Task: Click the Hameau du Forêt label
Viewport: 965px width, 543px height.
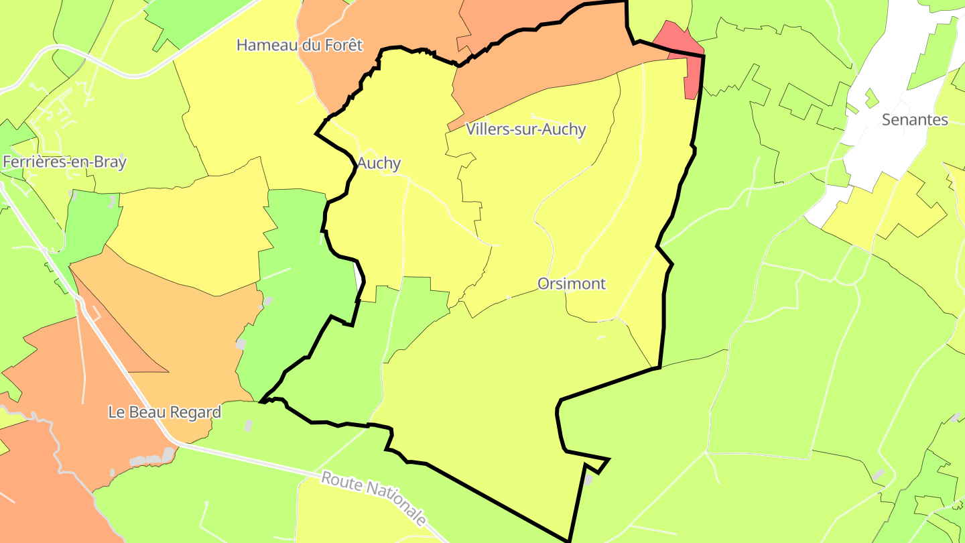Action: (300, 45)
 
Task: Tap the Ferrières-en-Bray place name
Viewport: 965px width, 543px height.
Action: (64, 162)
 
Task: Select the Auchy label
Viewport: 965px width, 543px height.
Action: (379, 163)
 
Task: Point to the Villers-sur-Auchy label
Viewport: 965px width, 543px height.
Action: (526, 129)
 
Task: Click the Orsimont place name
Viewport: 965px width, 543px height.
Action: (572, 284)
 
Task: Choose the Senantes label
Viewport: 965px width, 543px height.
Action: (915, 120)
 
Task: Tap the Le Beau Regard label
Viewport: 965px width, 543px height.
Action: (165, 412)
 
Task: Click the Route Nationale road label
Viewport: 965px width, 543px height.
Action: (373, 497)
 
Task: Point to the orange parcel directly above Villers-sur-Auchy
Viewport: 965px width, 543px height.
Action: (536, 74)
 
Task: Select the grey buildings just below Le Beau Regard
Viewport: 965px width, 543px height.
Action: (151, 460)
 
